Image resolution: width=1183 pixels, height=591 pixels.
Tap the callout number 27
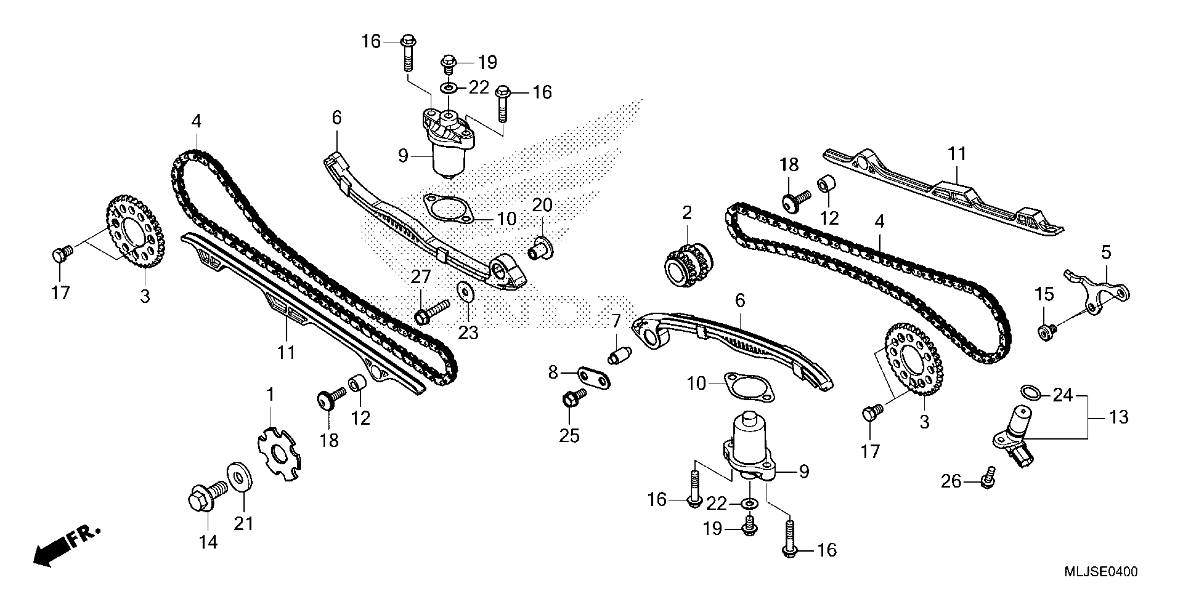(x=420, y=277)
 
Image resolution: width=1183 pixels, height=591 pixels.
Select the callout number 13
(x=1118, y=418)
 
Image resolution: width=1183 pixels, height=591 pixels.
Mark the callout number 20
(x=542, y=205)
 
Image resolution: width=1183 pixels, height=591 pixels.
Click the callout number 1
(x=270, y=394)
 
